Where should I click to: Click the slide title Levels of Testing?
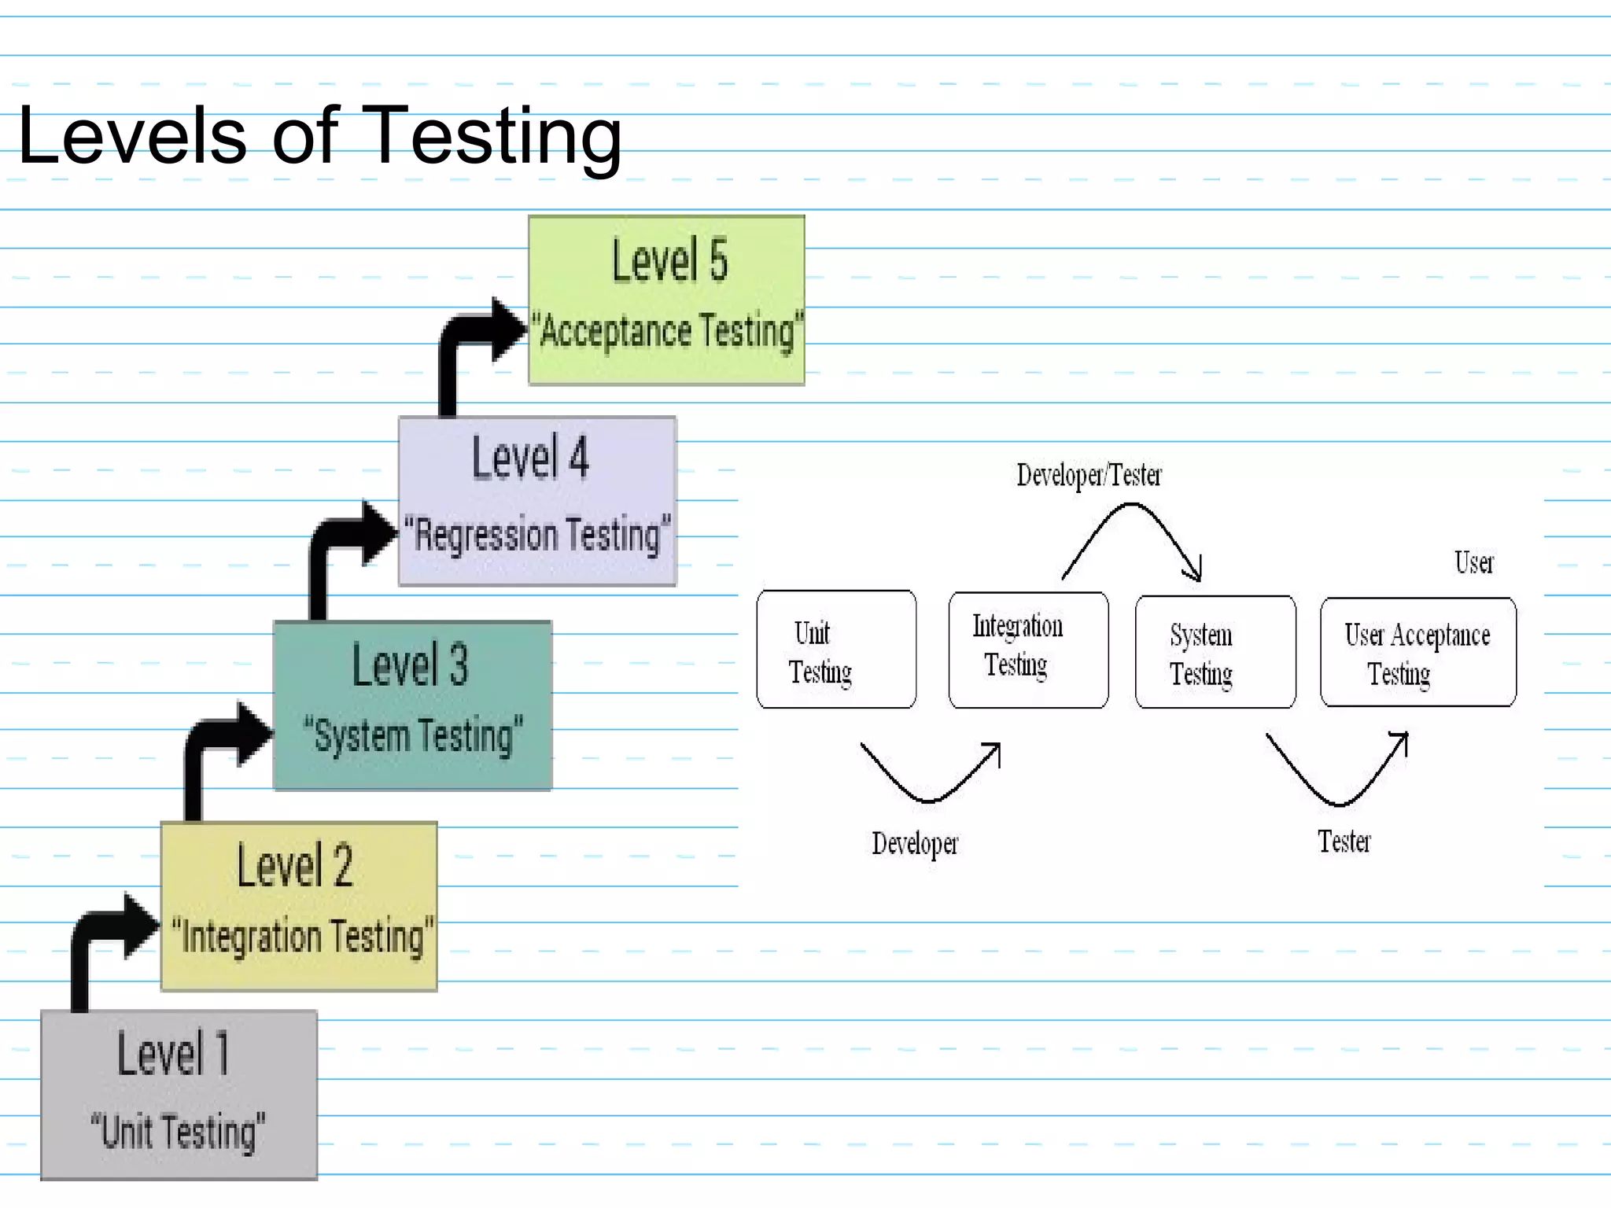point(319,136)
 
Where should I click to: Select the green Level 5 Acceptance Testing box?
point(666,300)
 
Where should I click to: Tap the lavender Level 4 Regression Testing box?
point(537,501)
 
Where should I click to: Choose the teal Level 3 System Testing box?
point(412,705)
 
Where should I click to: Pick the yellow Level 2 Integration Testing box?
point(299,905)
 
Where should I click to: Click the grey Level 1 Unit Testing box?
point(179,1094)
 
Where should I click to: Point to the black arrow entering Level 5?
point(472,334)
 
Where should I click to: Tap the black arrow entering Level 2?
point(105,932)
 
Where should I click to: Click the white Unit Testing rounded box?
point(836,650)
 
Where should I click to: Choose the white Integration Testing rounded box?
point(1028,650)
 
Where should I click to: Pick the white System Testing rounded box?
point(1215,652)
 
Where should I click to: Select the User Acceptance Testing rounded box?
point(1417,652)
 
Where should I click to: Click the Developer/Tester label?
point(1089,475)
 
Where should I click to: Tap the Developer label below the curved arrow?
point(915,843)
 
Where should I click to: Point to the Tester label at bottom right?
point(1344,842)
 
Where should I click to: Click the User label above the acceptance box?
point(1473,563)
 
